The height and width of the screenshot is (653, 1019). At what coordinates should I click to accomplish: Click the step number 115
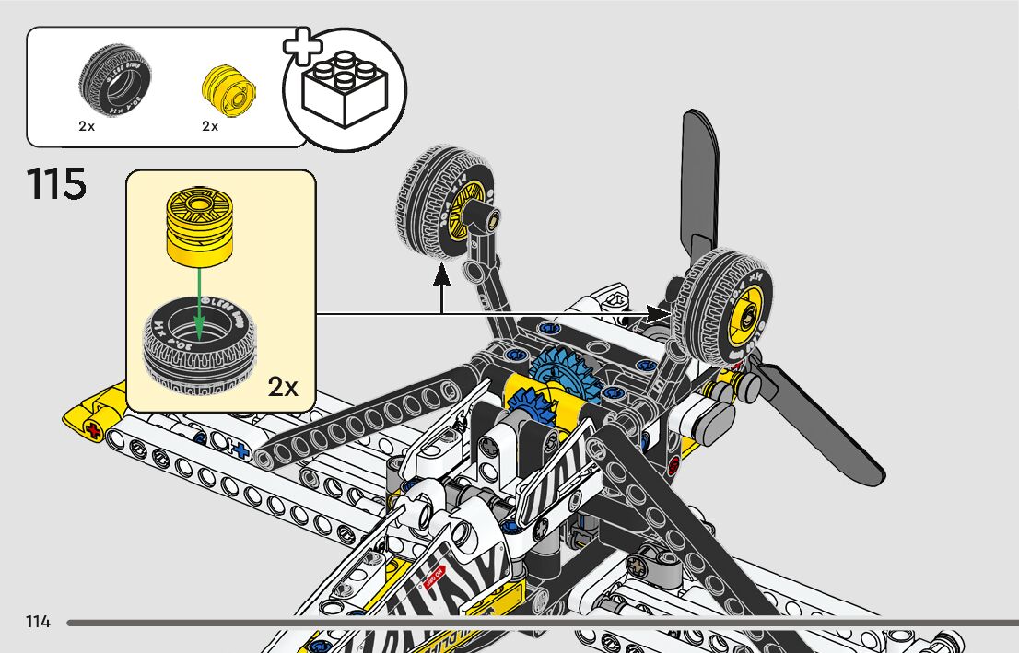pos(57,184)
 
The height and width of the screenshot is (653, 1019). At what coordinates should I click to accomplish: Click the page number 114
pos(38,623)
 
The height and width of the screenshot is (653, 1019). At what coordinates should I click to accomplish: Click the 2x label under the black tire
pos(87,126)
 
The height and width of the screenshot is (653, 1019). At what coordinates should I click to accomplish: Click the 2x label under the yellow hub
pos(210,126)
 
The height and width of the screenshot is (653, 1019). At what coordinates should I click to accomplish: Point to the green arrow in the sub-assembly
pos(198,295)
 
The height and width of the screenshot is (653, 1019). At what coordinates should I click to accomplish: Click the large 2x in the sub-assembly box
pos(284,387)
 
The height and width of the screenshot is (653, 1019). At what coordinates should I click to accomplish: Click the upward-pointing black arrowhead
pos(442,274)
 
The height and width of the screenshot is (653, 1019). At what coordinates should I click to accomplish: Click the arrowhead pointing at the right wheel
pos(660,314)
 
